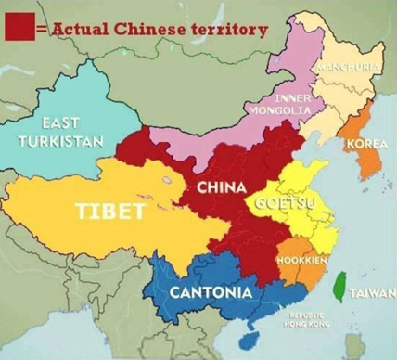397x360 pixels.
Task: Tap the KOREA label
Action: (x=366, y=145)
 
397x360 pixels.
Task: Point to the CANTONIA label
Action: (x=210, y=293)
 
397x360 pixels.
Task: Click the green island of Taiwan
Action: (x=340, y=288)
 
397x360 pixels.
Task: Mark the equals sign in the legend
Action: (x=41, y=29)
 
